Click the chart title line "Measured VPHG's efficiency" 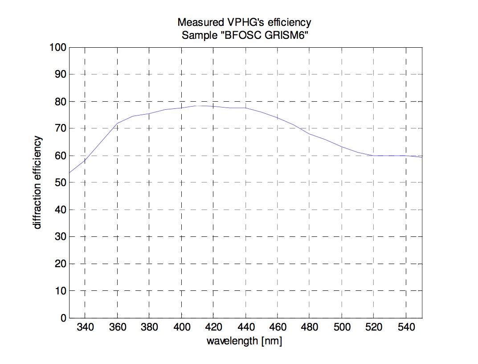click(244, 22)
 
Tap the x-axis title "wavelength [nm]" click(244, 342)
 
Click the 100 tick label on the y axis click(58, 47)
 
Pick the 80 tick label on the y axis click(60, 102)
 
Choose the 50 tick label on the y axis click(60, 183)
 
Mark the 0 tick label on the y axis click(62, 318)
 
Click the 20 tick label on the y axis click(60, 264)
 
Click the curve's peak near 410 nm click(198, 106)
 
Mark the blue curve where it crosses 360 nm click(117, 124)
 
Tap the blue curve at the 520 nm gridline click(374, 156)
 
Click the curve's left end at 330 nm click(69, 173)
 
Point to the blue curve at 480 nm click(310, 134)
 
